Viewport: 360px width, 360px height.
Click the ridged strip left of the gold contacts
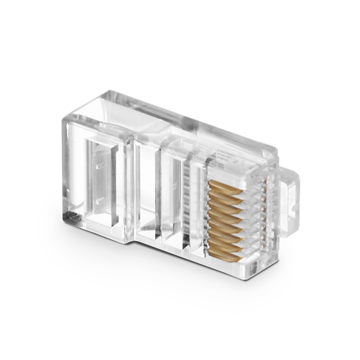[194, 203]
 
